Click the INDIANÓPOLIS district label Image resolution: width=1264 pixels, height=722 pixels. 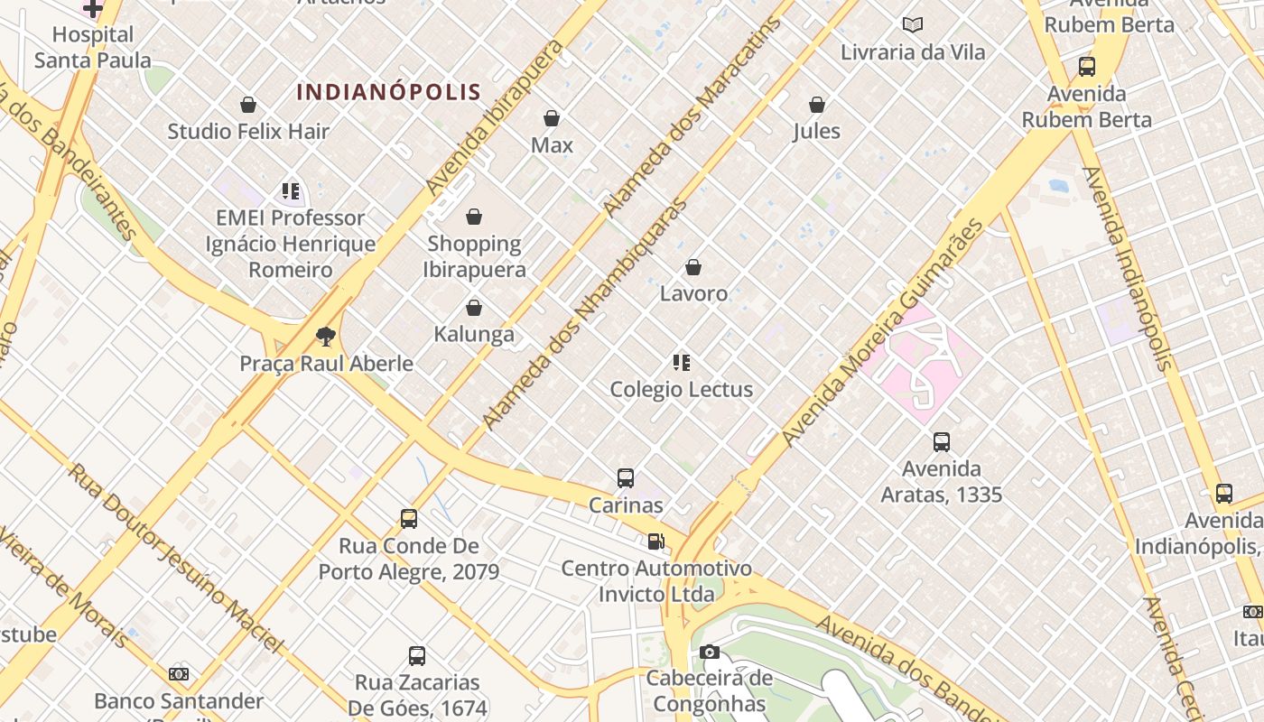[x=388, y=92]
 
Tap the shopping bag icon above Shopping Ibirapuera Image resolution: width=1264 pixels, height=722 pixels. [x=473, y=217]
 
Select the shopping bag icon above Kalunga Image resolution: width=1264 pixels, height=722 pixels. [x=473, y=309]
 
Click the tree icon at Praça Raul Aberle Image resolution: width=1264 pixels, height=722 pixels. [x=326, y=338]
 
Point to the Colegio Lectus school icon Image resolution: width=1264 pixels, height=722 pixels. [x=682, y=363]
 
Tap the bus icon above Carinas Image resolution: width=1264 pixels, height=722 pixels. [x=626, y=478]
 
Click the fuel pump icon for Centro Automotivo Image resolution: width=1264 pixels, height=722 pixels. [x=656, y=541]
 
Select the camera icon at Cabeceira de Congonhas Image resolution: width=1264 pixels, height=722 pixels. [x=710, y=652]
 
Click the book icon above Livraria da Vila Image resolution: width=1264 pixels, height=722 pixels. [x=913, y=25]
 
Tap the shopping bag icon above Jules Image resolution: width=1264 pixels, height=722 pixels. [x=817, y=105]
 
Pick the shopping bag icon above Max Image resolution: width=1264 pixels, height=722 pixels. [x=552, y=118]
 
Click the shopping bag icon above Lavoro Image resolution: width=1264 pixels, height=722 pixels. [x=693, y=267]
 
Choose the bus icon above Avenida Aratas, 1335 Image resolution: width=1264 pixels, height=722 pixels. [x=942, y=442]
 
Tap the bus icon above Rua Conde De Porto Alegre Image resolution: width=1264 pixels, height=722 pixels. [x=409, y=519]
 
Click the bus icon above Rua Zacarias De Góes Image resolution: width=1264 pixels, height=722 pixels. [x=416, y=656]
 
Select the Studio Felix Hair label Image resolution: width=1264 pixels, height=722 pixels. [x=248, y=132]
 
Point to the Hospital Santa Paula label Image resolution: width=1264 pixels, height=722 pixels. [x=92, y=47]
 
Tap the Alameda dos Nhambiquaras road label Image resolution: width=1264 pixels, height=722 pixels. [x=584, y=314]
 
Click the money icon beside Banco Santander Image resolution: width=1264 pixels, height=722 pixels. [x=179, y=674]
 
